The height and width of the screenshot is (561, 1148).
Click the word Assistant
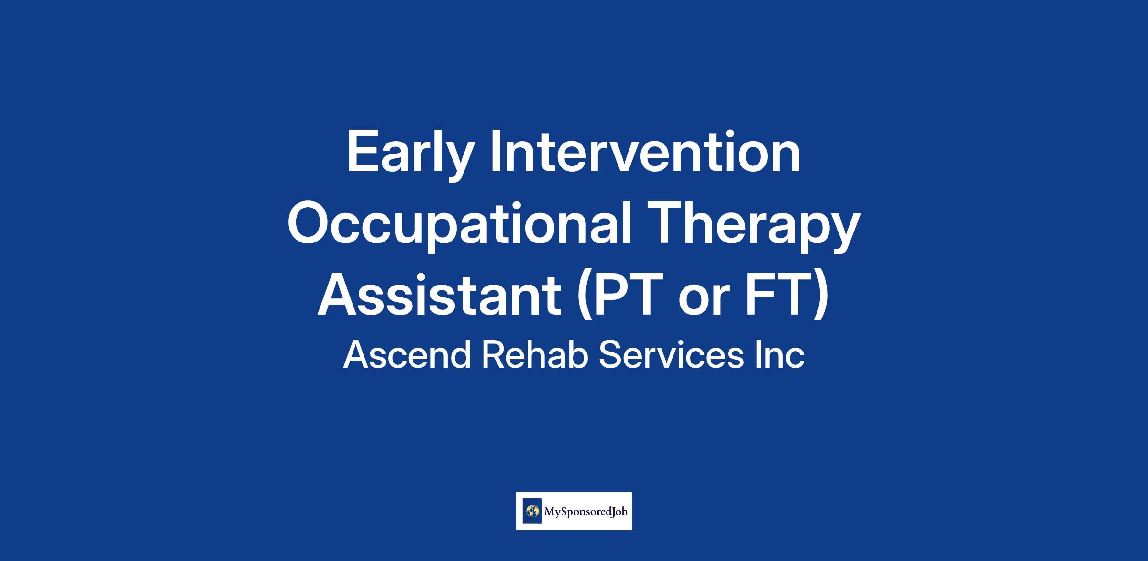coord(439,295)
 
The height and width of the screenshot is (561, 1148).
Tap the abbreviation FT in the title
coord(778,295)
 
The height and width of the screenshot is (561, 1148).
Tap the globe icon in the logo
coord(531,511)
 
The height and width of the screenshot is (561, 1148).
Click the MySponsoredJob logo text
coord(585,512)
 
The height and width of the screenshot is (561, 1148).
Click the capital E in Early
coord(362,151)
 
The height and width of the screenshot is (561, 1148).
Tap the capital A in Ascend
coord(356,355)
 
